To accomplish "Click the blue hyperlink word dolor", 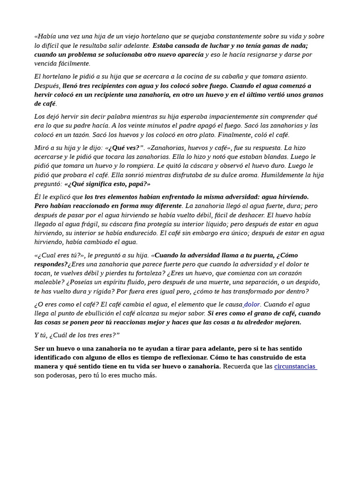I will (x=252, y=305).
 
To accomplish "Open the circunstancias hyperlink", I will (x=295, y=367).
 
